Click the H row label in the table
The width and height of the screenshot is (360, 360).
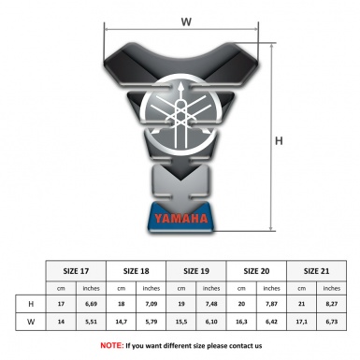[32, 304]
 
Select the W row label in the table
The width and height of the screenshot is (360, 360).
[32, 321]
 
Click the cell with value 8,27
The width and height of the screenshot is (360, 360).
[332, 304]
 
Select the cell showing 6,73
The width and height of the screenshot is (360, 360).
[332, 321]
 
